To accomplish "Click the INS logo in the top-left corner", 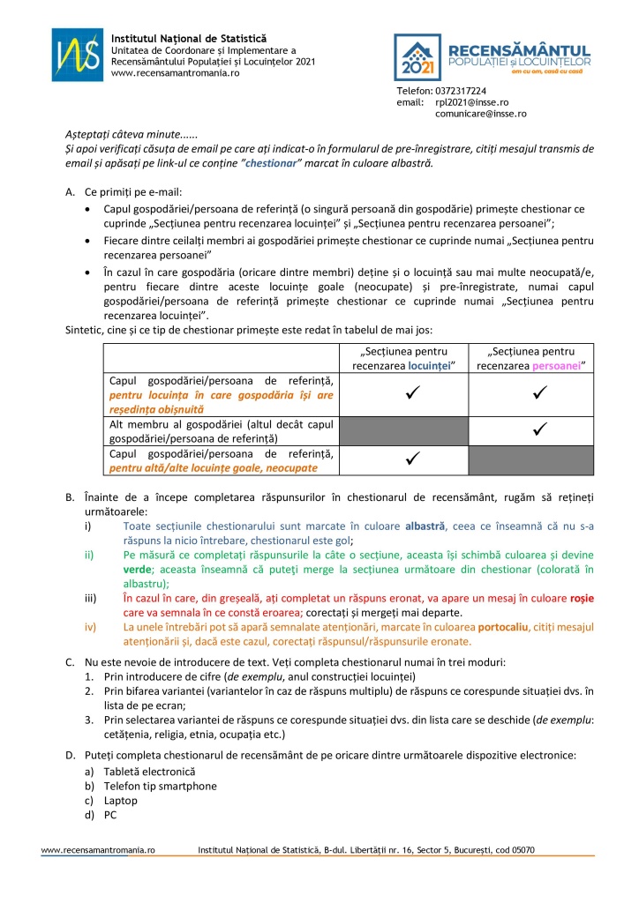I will (x=78, y=55).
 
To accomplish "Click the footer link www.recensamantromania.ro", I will (x=99, y=850).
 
